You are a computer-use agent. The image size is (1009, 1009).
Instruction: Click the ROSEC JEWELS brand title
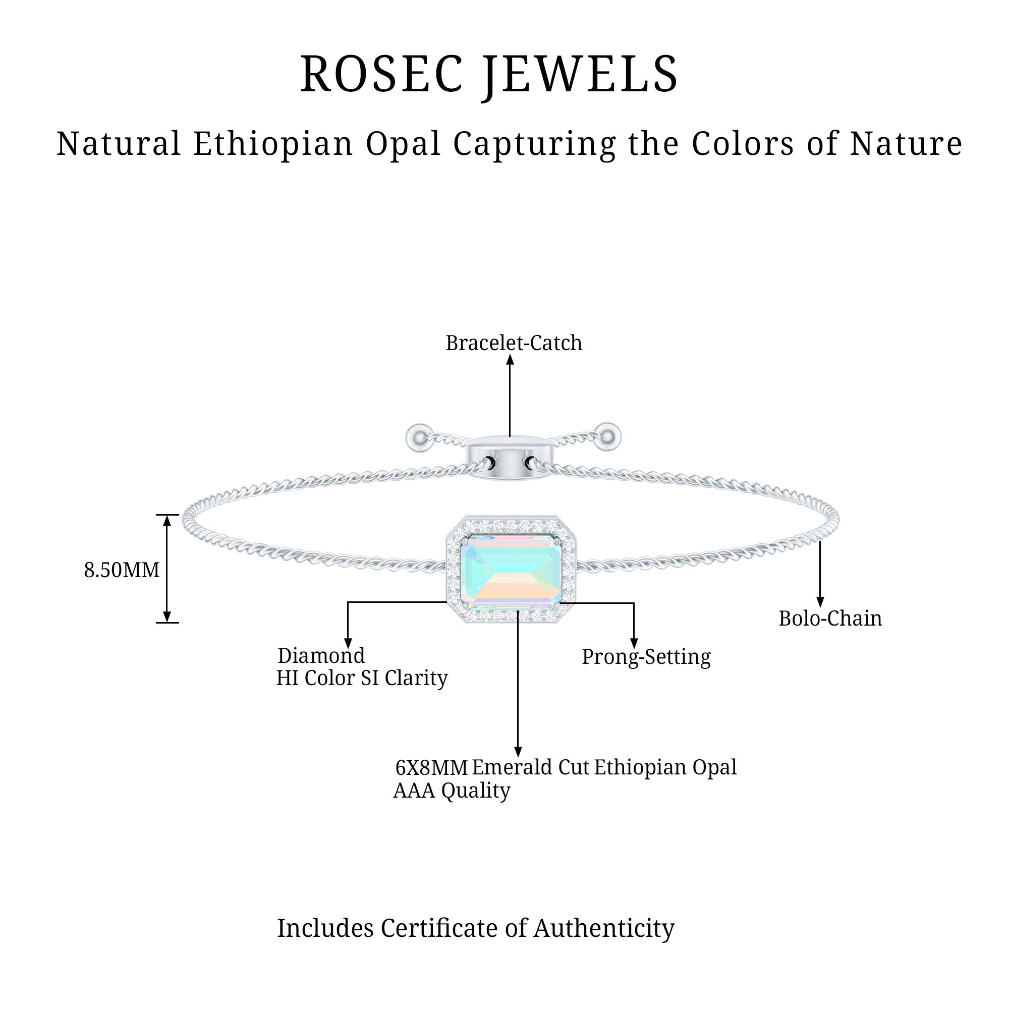click(489, 74)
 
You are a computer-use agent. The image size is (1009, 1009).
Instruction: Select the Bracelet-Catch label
click(514, 343)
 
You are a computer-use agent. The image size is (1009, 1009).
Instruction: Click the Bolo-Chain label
click(830, 619)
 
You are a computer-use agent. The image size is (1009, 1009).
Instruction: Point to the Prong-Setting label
click(646, 657)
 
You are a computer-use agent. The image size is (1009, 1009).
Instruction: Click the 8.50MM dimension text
click(122, 570)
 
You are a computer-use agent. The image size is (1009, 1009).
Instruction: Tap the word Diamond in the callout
click(321, 655)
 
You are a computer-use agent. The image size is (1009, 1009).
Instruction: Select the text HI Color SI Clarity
click(362, 679)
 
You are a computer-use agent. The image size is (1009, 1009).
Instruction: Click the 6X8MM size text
click(431, 768)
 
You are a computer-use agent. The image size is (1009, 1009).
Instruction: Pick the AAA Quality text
click(451, 791)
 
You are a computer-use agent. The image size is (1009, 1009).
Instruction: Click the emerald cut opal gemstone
click(511, 574)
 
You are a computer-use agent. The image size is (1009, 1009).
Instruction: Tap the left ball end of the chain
click(418, 436)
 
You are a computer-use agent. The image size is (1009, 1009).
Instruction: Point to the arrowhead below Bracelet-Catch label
click(510, 360)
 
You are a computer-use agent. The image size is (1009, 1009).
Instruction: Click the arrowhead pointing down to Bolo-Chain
click(820, 602)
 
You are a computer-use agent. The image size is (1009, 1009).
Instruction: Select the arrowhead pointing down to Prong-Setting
click(634, 643)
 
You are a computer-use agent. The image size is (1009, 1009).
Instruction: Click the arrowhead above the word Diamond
click(348, 643)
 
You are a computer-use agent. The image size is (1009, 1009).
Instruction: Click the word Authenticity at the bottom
click(604, 929)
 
